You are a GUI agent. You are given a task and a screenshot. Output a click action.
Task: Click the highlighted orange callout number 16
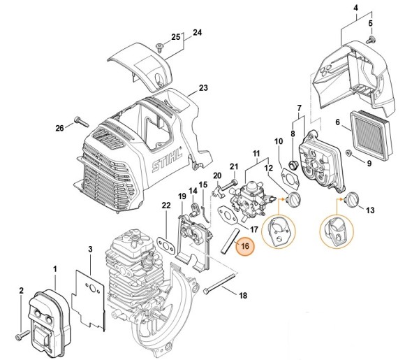tap(245, 245)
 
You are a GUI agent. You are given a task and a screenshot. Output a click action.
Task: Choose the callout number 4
tap(343, 10)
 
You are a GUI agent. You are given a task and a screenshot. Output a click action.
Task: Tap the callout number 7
tap(299, 108)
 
